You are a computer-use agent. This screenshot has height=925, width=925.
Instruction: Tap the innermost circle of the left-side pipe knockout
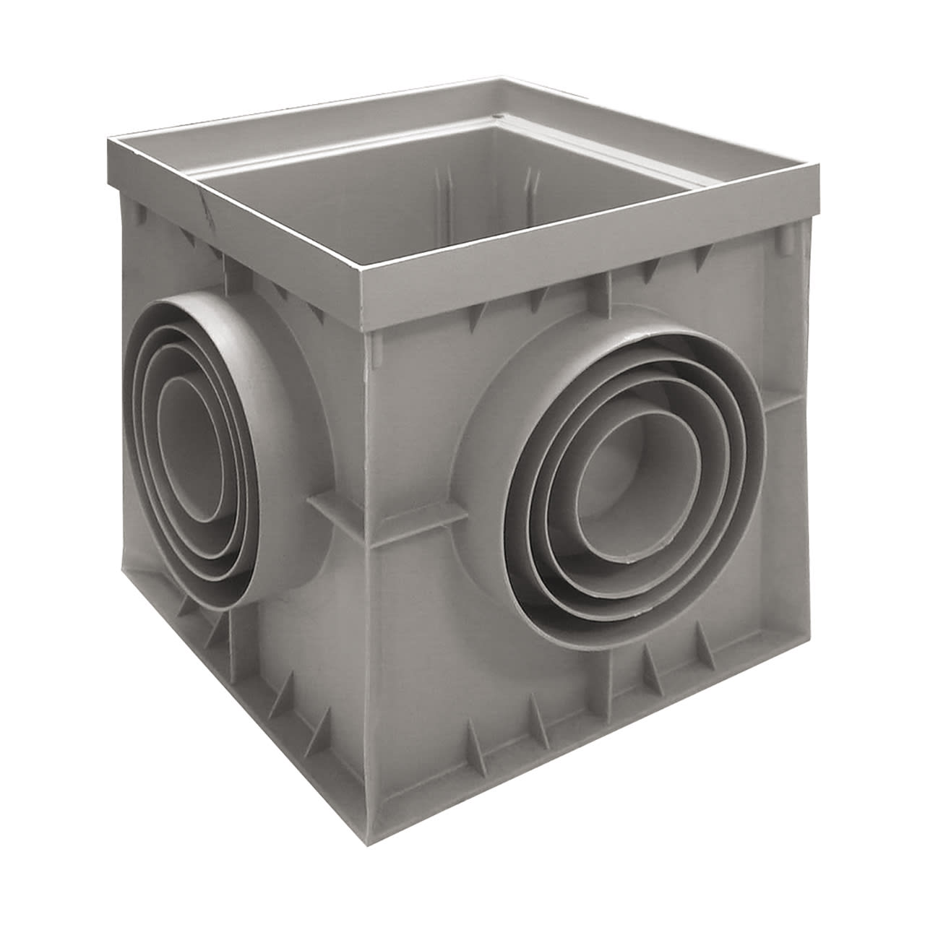click(189, 448)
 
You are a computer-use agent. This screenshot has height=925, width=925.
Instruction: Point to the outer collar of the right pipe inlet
click(752, 405)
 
